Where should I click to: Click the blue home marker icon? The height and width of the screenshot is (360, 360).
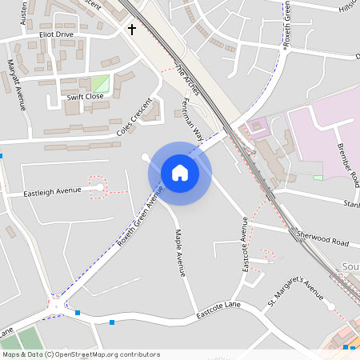pos(180,173)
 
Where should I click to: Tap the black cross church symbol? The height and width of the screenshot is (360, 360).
pos(132,30)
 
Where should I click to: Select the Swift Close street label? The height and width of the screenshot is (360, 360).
pos(85,96)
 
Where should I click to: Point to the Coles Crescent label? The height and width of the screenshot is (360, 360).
pos(134,117)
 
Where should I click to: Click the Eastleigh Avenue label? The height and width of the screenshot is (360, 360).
pos(52,191)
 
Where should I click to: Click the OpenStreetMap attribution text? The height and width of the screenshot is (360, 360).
pos(80,354)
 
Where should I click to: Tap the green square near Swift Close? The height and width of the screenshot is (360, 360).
pos(100,83)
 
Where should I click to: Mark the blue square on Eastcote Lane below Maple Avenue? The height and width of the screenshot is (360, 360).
pos(112,322)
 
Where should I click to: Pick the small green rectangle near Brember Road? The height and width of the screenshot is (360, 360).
pos(318,178)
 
